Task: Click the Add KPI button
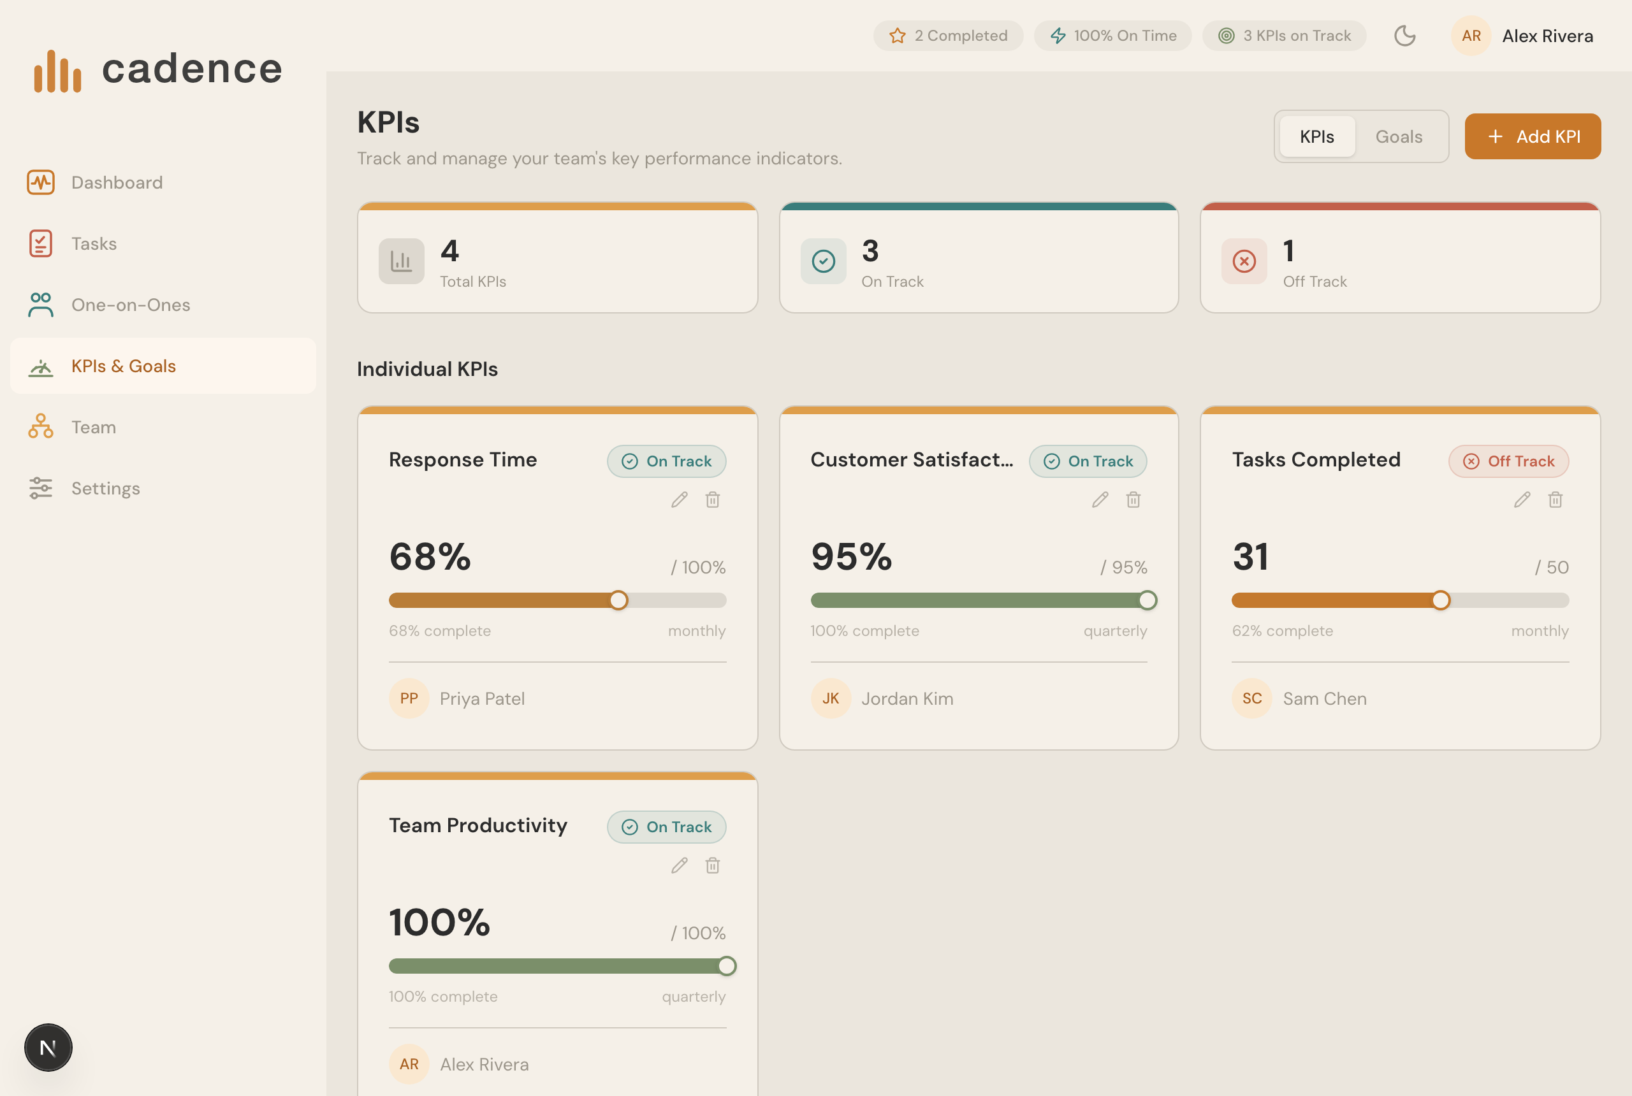[x=1532, y=136]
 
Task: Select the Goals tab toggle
[x=1399, y=136]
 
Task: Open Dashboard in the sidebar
[x=116, y=182]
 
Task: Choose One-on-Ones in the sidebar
[x=130, y=305]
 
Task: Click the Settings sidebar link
[x=105, y=488]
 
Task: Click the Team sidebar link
[x=93, y=427]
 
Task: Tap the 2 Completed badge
[x=947, y=36]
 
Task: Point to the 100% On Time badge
[x=1112, y=36]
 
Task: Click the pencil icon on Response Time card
[x=679, y=500]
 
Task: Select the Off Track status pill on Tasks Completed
[x=1508, y=461]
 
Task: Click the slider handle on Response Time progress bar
[x=618, y=600]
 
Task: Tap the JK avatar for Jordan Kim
[x=830, y=698]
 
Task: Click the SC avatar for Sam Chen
[x=1251, y=698]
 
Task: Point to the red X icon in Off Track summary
[x=1244, y=261]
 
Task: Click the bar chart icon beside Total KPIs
[x=402, y=261]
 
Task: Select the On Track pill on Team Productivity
[x=666, y=827]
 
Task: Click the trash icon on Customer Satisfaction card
[x=1133, y=500]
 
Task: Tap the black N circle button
[x=48, y=1047]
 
